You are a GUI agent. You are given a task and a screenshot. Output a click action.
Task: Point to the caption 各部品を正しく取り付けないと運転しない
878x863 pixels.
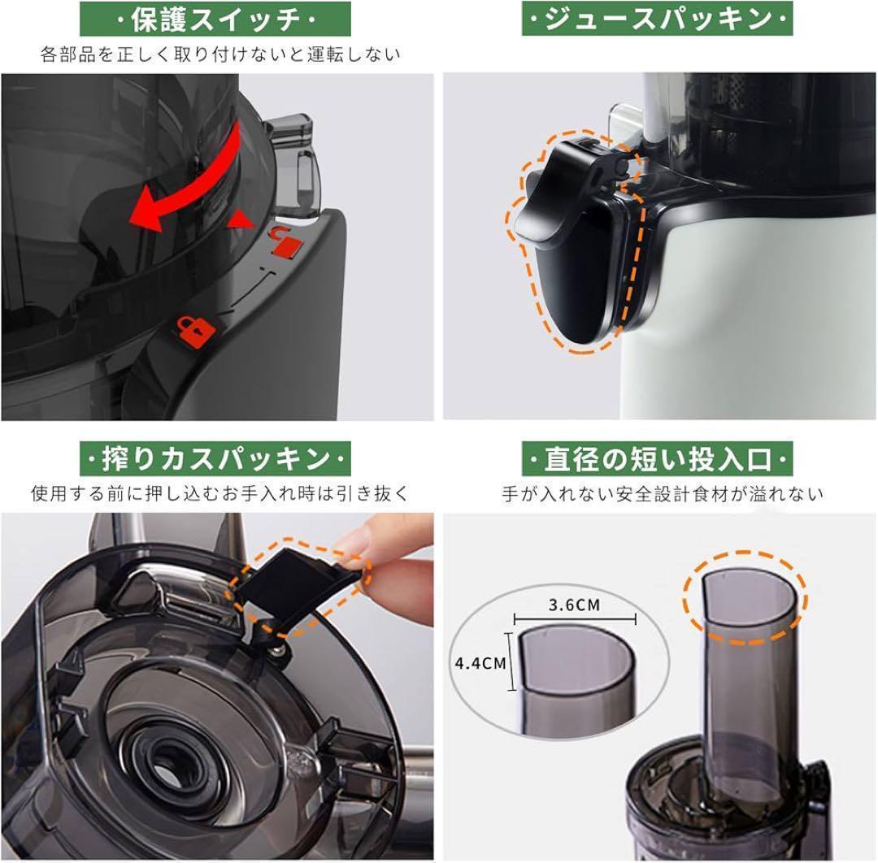[219, 55]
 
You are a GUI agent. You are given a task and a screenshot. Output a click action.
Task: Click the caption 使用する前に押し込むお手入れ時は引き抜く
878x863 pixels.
[219, 493]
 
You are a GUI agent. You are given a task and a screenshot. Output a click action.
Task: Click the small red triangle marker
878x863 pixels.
[241, 218]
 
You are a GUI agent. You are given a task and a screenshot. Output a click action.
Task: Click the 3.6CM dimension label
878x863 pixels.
[575, 605]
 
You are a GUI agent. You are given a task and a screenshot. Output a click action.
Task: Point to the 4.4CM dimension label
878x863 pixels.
[480, 662]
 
